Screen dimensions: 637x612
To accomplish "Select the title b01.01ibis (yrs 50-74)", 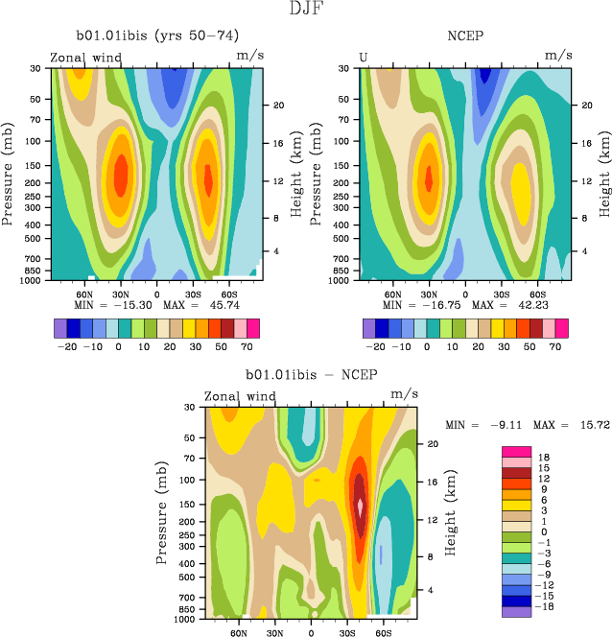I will point(157,37).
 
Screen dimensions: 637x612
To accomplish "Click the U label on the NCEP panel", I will point(364,57).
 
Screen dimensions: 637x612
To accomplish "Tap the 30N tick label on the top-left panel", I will point(121,294).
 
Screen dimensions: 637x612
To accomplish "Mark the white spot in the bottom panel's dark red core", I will point(361,504).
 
